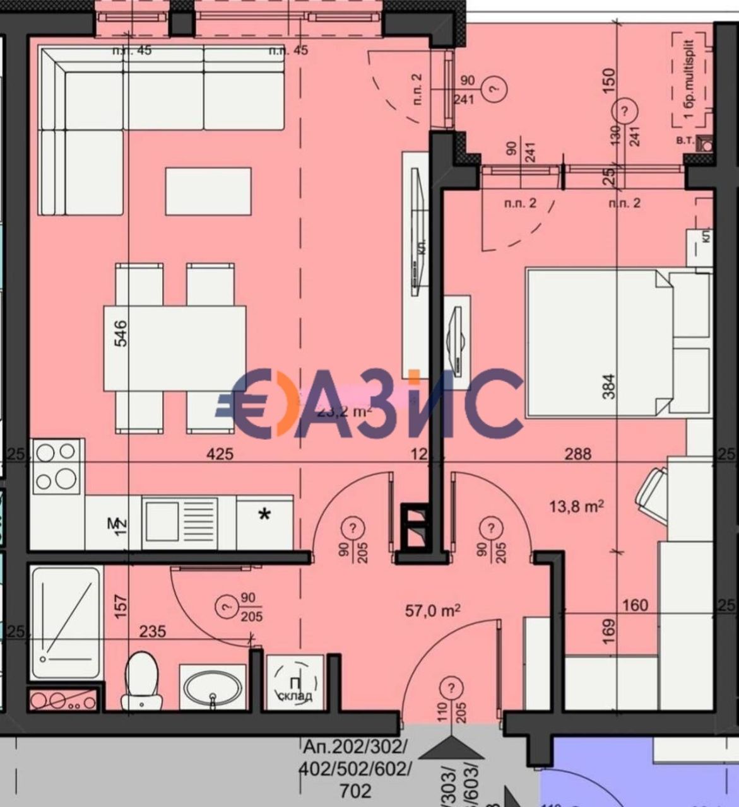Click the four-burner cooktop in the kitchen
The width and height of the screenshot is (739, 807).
(56, 467)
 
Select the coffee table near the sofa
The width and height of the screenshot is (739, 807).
(208, 191)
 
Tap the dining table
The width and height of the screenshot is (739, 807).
(175, 348)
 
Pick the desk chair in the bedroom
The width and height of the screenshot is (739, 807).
(651, 494)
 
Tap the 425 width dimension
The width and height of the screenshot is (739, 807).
(220, 453)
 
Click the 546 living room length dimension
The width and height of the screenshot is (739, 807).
(120, 333)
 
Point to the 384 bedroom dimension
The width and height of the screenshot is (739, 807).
(608, 386)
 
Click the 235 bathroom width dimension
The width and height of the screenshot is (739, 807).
(152, 630)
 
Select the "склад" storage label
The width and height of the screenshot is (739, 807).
(295, 696)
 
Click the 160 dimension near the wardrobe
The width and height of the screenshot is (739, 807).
(634, 605)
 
